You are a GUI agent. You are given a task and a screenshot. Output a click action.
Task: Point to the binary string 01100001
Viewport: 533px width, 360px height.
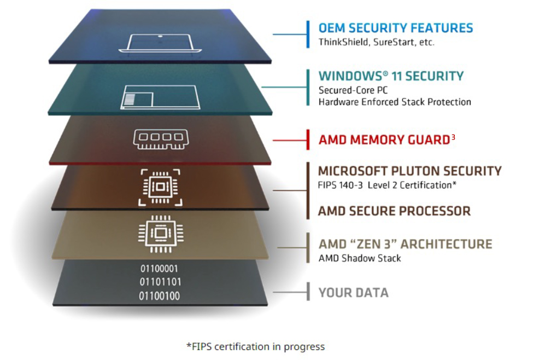point(159,269)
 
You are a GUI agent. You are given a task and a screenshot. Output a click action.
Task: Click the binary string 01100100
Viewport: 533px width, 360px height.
point(159,296)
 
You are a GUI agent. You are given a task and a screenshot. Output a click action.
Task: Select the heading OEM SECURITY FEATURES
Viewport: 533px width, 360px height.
point(396,28)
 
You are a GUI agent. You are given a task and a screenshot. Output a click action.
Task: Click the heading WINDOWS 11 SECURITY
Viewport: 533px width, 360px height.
point(391,76)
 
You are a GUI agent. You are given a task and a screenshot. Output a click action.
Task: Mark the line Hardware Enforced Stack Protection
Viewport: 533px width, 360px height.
point(395,102)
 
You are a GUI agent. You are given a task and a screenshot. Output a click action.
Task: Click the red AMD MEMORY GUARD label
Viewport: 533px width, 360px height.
point(384,140)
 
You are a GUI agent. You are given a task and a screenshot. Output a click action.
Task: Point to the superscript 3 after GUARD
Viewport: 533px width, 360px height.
point(453,137)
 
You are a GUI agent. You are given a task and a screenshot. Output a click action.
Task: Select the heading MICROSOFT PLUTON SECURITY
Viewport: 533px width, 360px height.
point(409,171)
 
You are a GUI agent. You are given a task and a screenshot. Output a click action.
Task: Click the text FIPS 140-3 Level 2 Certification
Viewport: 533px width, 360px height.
point(385,185)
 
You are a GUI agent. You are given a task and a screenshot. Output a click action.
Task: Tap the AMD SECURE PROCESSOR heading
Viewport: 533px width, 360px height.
point(394,211)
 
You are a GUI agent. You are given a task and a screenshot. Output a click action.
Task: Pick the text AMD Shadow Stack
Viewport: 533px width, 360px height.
point(360,258)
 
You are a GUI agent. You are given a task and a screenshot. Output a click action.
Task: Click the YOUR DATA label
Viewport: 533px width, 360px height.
point(353,293)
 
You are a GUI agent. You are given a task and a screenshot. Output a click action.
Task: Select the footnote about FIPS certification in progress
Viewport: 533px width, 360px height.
point(256,346)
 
